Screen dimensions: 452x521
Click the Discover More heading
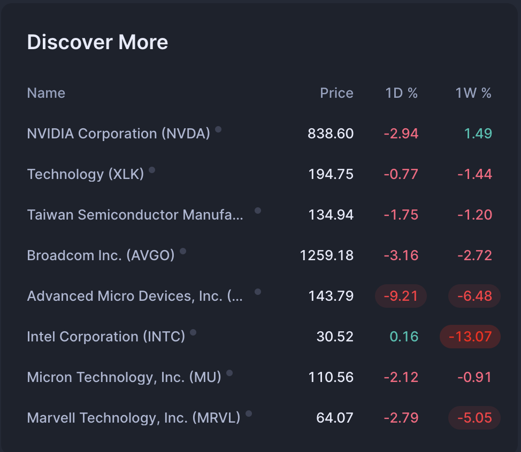97,42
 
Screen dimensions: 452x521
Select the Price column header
336,93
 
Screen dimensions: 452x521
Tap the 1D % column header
401,93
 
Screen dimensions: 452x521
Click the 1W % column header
473,93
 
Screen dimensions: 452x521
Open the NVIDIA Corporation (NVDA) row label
118,134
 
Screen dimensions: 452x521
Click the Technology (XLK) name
86,174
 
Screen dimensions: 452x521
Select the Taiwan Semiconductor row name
135,215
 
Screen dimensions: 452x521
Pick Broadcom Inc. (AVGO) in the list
101,255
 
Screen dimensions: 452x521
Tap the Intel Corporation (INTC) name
106,337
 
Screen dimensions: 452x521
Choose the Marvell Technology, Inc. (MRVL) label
133,418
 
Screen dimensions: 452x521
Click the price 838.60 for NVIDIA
331,134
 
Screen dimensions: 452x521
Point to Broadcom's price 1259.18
326,255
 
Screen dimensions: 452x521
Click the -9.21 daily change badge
401,296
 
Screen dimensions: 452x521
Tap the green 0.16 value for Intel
404,337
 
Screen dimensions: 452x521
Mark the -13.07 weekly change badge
470,337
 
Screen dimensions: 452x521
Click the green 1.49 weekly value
478,134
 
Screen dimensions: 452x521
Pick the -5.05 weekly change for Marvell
474,418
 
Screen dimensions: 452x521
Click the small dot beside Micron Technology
229,373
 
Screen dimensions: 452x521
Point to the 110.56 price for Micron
331,377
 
